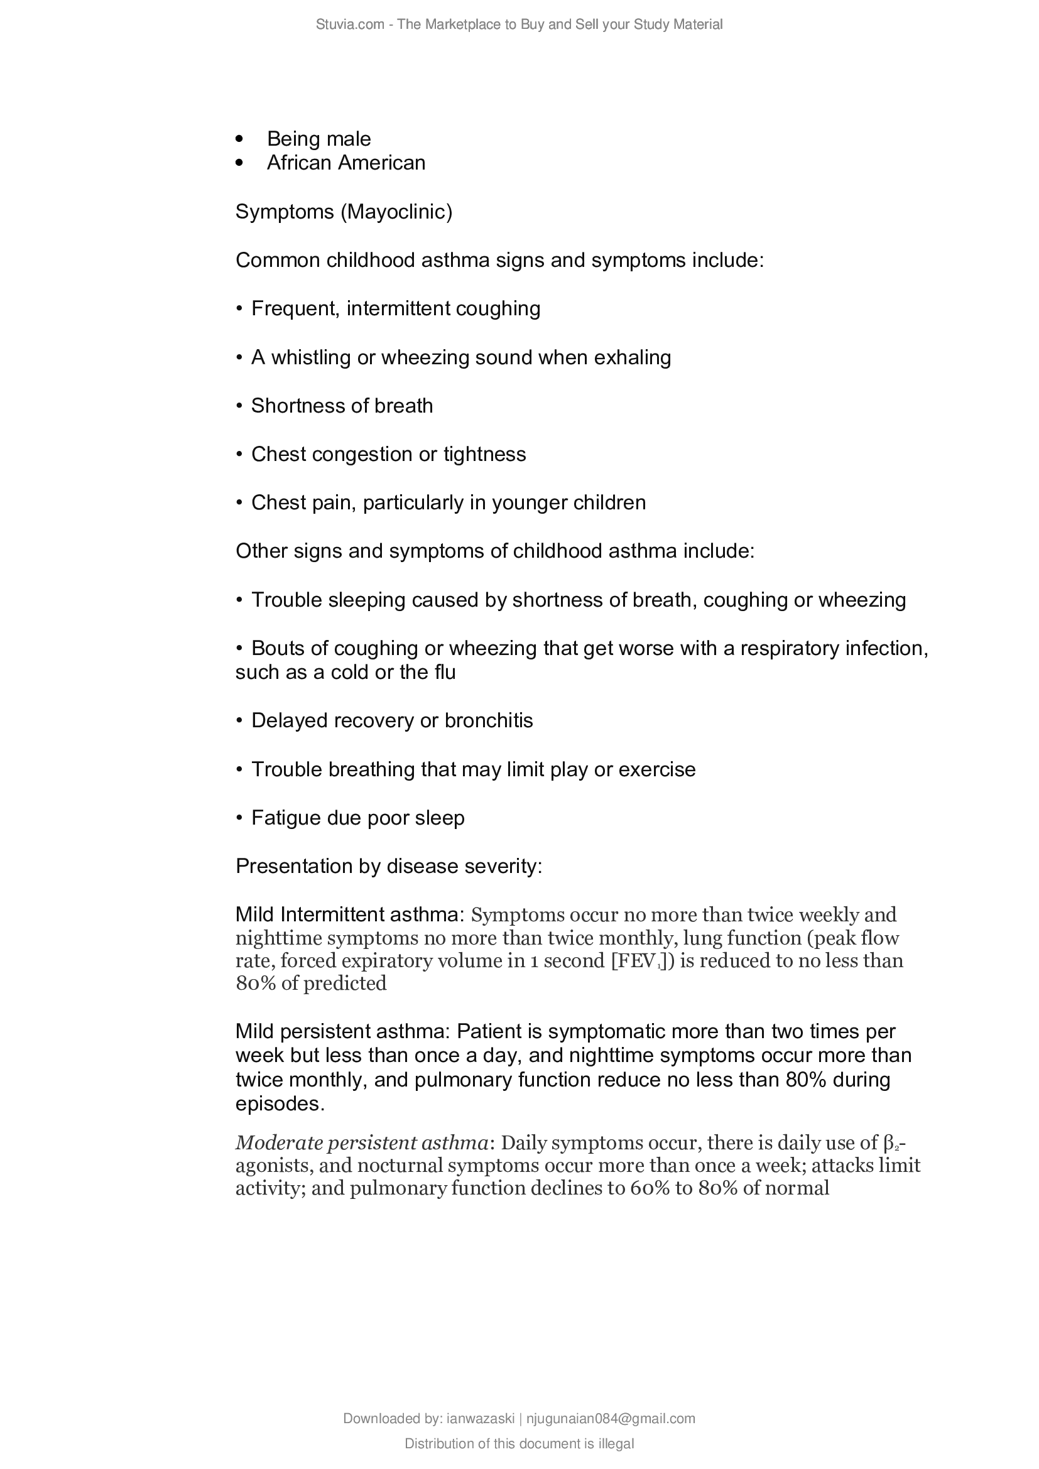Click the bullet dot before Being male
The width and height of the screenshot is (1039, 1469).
tap(240, 139)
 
